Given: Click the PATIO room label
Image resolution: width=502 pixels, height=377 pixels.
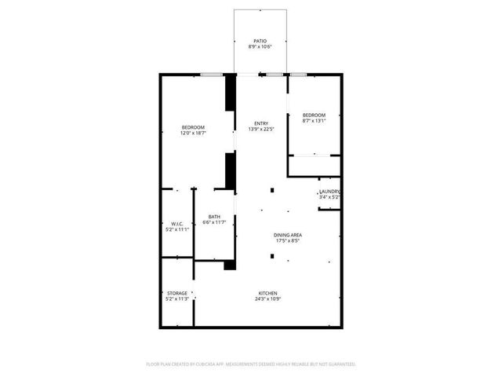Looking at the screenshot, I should click(260, 41).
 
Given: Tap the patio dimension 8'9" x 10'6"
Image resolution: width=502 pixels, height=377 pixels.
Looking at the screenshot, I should click(260, 48).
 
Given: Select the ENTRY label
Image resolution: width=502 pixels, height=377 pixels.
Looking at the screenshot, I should click(261, 123).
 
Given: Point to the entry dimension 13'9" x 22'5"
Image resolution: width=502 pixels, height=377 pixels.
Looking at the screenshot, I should click(261, 130).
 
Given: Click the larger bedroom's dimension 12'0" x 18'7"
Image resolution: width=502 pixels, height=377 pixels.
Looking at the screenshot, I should click(193, 134).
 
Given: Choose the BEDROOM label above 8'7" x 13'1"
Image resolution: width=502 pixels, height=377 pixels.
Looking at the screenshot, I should click(314, 115).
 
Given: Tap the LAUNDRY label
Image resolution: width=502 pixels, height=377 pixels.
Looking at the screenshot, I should click(329, 192).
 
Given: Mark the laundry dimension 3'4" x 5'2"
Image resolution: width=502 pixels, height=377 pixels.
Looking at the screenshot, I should click(329, 198).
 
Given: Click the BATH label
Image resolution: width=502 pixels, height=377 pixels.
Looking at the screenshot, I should click(213, 217).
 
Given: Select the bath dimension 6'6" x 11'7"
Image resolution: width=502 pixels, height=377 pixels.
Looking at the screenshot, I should click(213, 223).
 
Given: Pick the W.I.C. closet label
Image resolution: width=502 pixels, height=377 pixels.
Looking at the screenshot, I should click(176, 224).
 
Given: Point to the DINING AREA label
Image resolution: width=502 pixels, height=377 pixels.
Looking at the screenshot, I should click(288, 235).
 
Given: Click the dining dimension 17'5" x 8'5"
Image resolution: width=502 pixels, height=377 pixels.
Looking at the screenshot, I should click(288, 241).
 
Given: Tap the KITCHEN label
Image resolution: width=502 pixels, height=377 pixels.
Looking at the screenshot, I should click(268, 293).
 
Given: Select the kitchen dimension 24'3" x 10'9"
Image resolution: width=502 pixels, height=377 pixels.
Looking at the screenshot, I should click(268, 299).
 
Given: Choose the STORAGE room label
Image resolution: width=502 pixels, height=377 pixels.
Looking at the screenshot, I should click(176, 293).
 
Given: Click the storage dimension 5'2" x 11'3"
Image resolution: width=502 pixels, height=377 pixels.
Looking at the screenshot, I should click(176, 299).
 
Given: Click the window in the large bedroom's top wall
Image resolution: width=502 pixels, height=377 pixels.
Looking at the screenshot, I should click(209, 75).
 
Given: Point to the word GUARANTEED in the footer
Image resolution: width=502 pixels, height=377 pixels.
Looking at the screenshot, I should click(339, 364).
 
